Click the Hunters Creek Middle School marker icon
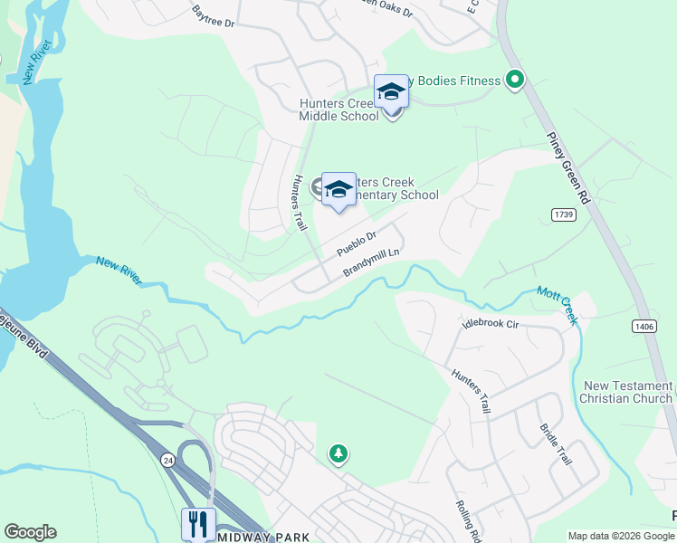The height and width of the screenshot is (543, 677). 391,93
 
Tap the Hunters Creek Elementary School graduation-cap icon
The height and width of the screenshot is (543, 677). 338,190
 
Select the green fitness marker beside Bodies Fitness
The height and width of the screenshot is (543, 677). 515,81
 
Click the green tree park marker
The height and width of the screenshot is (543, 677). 338,452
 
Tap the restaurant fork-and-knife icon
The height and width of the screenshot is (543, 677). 197,524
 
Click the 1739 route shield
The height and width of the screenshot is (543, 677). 563,213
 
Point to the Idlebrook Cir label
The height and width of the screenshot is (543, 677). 489,322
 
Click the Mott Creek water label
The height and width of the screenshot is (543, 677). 557,300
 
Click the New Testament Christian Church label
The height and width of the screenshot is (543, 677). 626,392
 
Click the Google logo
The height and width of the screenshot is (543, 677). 31,531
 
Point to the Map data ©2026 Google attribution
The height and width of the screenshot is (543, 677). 621,536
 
